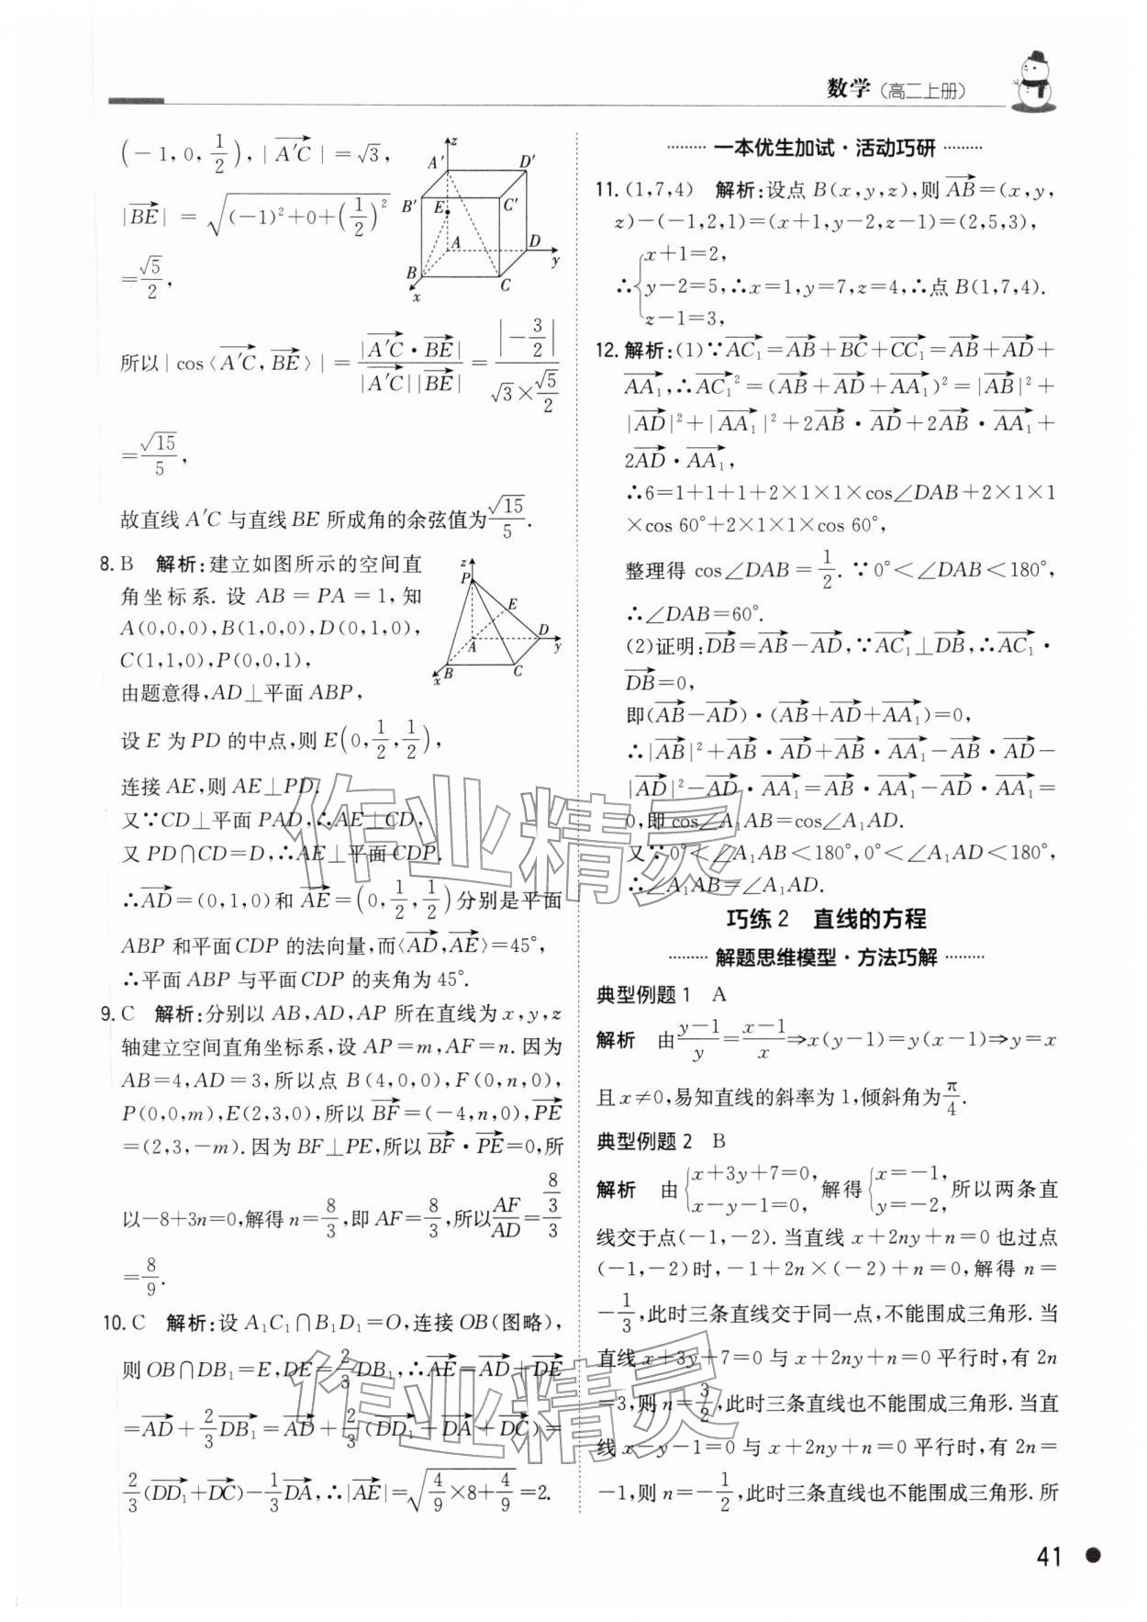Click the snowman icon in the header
[x=1034, y=81]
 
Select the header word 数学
[x=848, y=88]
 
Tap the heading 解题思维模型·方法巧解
[x=825, y=957]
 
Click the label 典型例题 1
[x=643, y=994]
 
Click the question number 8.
[x=106, y=563]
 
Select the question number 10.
[x=112, y=1323]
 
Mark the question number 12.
[x=606, y=351]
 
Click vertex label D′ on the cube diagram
[x=528, y=162]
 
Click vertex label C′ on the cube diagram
[x=511, y=205]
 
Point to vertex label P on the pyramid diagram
[x=464, y=578]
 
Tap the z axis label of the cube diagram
[x=453, y=140]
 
